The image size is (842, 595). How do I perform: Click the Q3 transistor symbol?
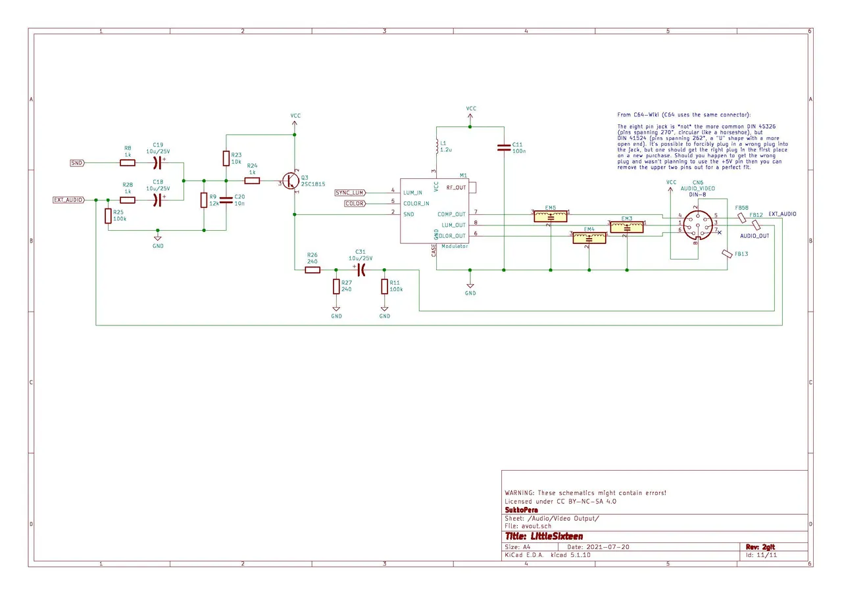(291, 181)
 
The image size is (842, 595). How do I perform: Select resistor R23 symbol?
(226, 158)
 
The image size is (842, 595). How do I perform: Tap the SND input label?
(77, 162)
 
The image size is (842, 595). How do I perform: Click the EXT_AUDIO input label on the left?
(68, 200)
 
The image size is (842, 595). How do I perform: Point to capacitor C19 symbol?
(157, 162)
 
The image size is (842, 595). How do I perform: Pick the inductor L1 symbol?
(435, 145)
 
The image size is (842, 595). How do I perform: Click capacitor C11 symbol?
(503, 148)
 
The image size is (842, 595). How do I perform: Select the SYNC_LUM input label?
(351, 192)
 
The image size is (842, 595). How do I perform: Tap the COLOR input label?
(355, 204)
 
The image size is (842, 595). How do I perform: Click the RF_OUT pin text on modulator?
(457, 187)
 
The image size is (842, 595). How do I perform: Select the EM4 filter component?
(589, 237)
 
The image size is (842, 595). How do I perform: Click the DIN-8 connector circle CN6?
(696, 224)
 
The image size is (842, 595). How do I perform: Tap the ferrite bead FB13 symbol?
(727, 254)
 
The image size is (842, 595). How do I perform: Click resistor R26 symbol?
(312, 270)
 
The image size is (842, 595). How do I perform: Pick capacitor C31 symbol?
(360, 270)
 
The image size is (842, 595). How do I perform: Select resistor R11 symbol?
(384, 287)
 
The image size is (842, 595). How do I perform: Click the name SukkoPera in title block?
(522, 510)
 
